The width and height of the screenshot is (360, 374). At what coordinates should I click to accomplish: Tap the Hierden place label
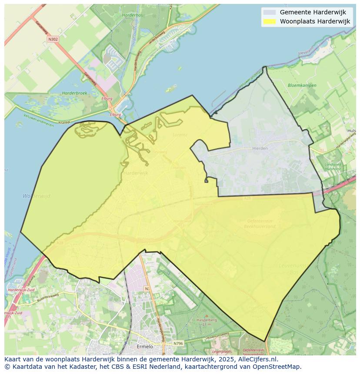260,148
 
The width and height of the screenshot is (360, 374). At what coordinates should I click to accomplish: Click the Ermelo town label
145,346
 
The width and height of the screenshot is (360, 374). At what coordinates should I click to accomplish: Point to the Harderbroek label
74,93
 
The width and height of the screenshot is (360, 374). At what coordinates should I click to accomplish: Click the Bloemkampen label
302,86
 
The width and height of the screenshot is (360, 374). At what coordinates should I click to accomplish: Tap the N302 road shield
53,39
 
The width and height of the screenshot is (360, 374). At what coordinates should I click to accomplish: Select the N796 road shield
178,344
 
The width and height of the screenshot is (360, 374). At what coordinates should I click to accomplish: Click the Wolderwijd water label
37,196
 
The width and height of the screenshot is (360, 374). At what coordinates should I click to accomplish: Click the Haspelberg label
207,320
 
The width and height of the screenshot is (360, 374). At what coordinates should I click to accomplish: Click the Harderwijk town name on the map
136,173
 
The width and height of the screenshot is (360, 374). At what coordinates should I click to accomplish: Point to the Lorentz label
180,135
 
